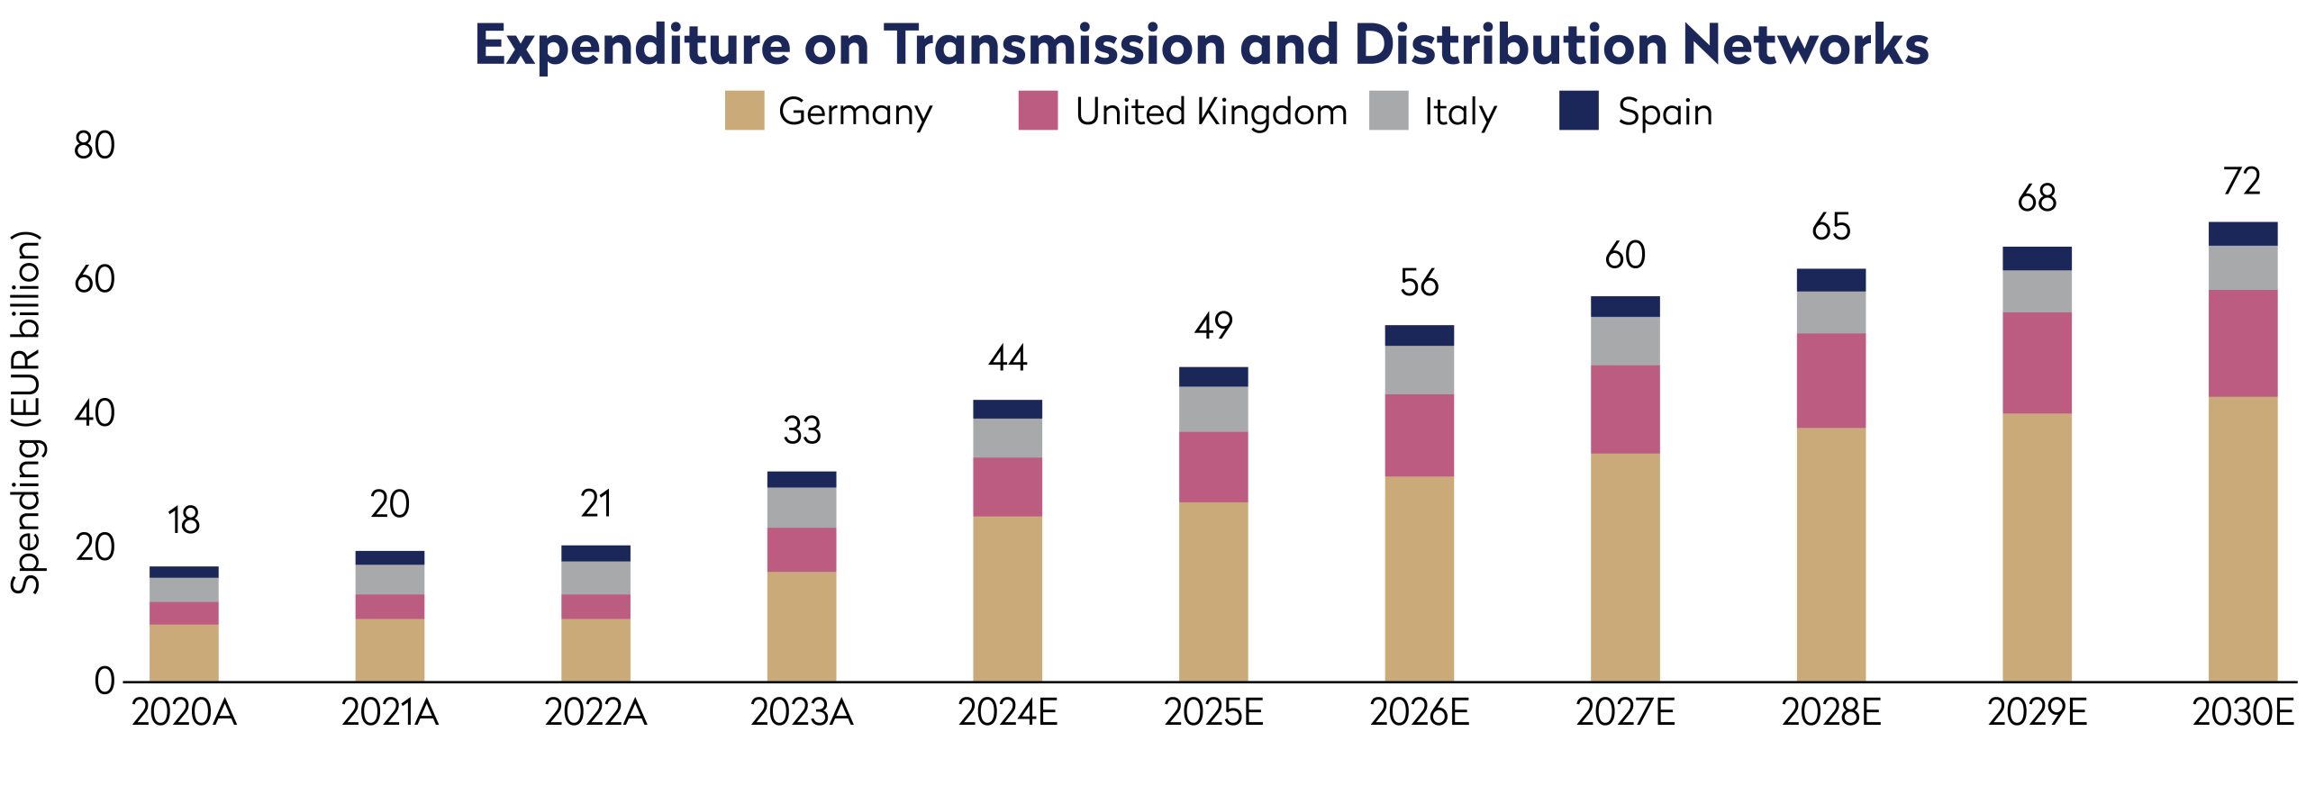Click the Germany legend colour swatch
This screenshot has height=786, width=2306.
[744, 110]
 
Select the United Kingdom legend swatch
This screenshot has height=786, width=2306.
[1038, 110]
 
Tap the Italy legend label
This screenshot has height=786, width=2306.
[1460, 113]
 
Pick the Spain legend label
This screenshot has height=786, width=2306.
[1665, 113]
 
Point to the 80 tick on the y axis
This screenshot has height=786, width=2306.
[95, 146]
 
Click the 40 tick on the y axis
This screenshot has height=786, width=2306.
[95, 414]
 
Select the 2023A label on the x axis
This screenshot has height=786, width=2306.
[802, 713]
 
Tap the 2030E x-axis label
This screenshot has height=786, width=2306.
[2243, 713]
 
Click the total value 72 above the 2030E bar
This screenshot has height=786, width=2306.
[2242, 182]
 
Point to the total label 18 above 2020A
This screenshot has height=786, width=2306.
[184, 520]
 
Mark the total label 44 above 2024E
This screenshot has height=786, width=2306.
[1007, 358]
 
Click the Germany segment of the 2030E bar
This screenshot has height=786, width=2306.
[2243, 539]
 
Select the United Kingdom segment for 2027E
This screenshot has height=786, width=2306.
[1625, 410]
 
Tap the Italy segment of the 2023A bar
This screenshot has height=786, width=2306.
[802, 508]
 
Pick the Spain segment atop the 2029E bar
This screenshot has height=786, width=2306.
[2037, 258]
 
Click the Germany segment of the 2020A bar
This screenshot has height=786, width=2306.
[184, 653]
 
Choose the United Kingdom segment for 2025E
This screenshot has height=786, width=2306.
[1213, 467]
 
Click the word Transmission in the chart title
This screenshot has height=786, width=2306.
[1054, 44]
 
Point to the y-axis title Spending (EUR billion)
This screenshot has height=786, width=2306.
[25, 412]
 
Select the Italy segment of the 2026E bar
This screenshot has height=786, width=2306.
[1419, 370]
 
